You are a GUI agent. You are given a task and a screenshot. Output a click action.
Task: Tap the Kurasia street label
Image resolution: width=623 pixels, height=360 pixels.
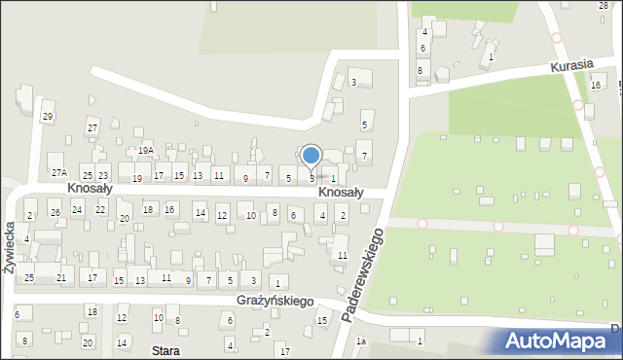click(x=570, y=66)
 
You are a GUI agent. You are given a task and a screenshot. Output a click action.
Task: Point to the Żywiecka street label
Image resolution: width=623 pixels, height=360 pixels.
click(x=9, y=248)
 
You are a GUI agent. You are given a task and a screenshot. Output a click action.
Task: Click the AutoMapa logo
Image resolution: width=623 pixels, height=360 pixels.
click(x=559, y=341)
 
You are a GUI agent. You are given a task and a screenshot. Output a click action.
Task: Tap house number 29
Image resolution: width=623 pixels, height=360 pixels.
click(x=47, y=118)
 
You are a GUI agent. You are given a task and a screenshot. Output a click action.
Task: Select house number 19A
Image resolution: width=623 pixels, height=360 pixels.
click(x=146, y=151)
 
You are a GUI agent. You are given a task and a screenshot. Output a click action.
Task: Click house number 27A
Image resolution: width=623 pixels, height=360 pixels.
click(x=59, y=172)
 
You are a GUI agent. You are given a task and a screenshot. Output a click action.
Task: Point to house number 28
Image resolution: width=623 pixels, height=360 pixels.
click(x=603, y=6)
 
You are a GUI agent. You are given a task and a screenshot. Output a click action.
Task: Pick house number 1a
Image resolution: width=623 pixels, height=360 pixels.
click(x=360, y=341)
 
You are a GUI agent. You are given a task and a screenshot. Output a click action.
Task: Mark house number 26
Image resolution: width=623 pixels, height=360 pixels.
click(x=55, y=213)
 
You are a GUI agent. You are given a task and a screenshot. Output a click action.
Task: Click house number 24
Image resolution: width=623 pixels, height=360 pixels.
click(x=77, y=209)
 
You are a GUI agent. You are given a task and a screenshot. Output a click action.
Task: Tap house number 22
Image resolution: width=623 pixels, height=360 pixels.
click(x=100, y=210)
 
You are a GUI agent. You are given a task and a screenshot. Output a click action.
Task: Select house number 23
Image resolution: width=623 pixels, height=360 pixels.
click(x=103, y=176)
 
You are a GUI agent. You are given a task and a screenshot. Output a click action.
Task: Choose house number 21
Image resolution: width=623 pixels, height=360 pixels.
click(x=61, y=278)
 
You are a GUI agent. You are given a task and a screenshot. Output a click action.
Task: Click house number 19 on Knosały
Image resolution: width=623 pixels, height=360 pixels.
click(x=137, y=179)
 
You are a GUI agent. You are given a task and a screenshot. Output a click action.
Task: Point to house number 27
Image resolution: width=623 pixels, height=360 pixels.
click(x=92, y=128)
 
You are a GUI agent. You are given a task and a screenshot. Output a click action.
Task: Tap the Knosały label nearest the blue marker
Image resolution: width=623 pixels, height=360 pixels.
click(x=341, y=193)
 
